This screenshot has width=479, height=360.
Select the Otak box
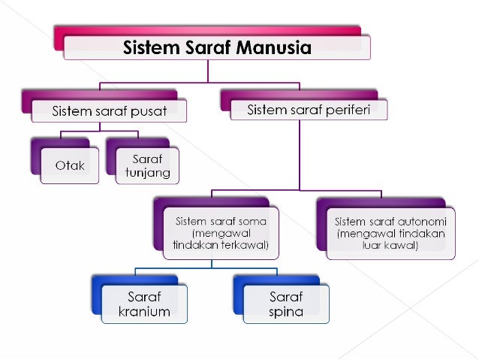coord(69,165)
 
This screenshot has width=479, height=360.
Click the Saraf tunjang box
coord(147,166)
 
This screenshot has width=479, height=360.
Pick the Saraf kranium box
coord(143,304)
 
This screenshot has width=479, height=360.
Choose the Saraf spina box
coord(285,304)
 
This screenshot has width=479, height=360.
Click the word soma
coord(252,222)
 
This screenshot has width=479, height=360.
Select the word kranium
coord(144,311)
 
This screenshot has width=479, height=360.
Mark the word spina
coord(285,311)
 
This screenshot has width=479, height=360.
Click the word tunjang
coord(147,173)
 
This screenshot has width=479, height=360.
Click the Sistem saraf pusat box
coord(109,111)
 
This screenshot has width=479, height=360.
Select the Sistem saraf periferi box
coord(307,110)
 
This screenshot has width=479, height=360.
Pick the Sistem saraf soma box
coord(221,234)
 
